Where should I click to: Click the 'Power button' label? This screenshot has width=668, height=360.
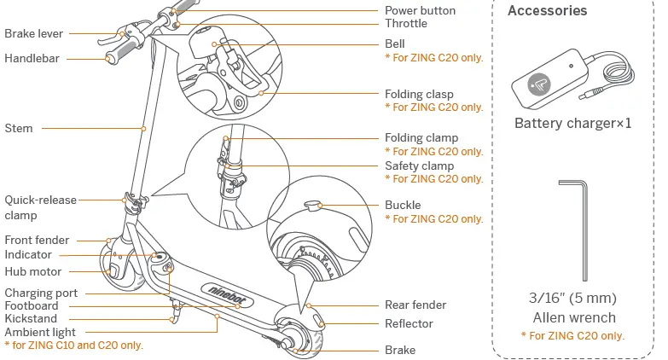pyautogui.click(x=420, y=10)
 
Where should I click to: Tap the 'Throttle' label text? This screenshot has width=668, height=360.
pyautogui.click(x=405, y=24)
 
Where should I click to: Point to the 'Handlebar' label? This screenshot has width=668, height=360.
pyautogui.click(x=32, y=59)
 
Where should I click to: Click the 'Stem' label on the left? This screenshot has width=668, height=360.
pyautogui.click(x=19, y=128)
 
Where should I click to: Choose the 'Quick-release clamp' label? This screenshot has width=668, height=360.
pyautogui.click(x=40, y=207)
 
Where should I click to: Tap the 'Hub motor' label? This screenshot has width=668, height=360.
pyautogui.click(x=33, y=271)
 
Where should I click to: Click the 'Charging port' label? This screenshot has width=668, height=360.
pyautogui.click(x=41, y=293)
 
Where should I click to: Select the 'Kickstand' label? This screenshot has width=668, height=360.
pyautogui.click(x=31, y=318)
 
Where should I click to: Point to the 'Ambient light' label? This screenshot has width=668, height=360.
pyautogui.click(x=40, y=332)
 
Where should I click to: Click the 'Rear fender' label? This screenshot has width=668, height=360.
pyautogui.click(x=415, y=305)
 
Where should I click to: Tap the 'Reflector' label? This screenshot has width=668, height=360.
pyautogui.click(x=409, y=323)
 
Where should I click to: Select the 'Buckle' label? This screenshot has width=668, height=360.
pyautogui.click(x=403, y=205)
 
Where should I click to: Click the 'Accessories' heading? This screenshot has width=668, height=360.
pyautogui.click(x=547, y=11)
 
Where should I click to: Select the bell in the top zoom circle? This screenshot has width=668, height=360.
pyautogui.click(x=205, y=39)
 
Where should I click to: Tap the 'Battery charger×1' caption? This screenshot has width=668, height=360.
pyautogui.click(x=572, y=123)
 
